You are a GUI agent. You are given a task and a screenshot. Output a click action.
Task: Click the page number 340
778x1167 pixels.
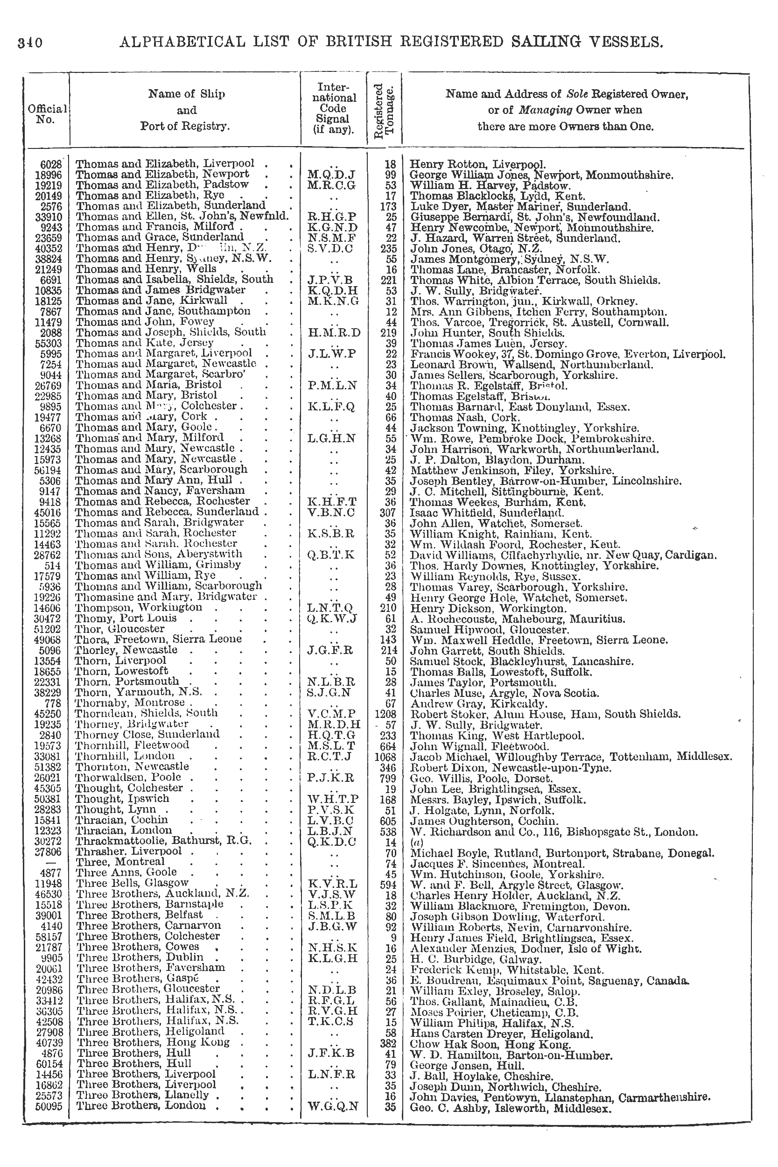click(x=30, y=42)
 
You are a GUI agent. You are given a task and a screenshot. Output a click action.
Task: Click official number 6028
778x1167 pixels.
click(x=52, y=164)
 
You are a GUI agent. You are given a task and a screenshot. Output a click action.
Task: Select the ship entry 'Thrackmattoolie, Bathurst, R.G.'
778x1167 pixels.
click(x=163, y=841)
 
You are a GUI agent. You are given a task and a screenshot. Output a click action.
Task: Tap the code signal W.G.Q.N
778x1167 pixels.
click(x=332, y=1107)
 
